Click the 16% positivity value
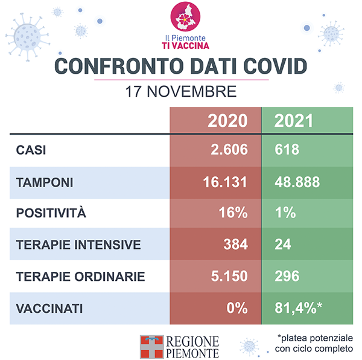tap(234, 213)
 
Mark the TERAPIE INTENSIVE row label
tap(78, 245)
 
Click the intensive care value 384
tap(235, 245)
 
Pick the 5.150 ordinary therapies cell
tap(229, 276)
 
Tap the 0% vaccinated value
tap(236, 308)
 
